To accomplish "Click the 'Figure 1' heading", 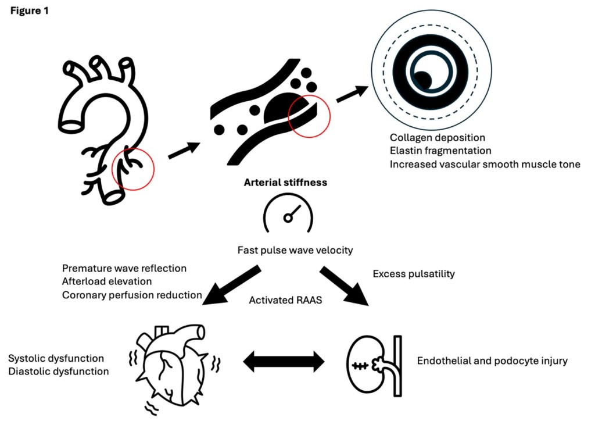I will pos(28,11).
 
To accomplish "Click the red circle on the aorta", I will pos(132,169).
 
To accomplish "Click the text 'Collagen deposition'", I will pos(437,138).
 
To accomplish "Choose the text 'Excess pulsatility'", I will pos(413,273).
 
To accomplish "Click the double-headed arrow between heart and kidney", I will pos(284,362).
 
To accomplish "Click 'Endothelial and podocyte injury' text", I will pos(492,361).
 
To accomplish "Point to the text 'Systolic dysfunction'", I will pos(56,358).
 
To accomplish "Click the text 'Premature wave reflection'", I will pos(124,269).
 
